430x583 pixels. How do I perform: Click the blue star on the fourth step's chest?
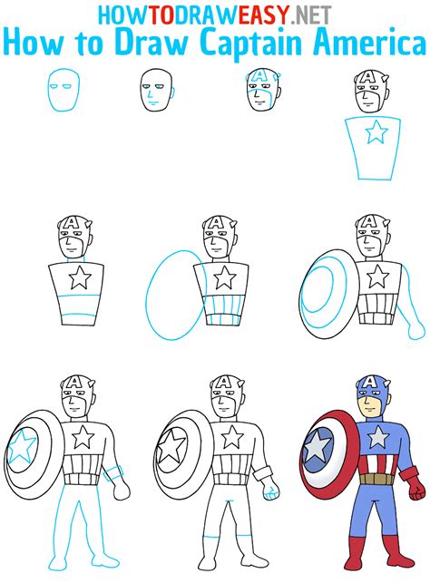click(376, 134)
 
